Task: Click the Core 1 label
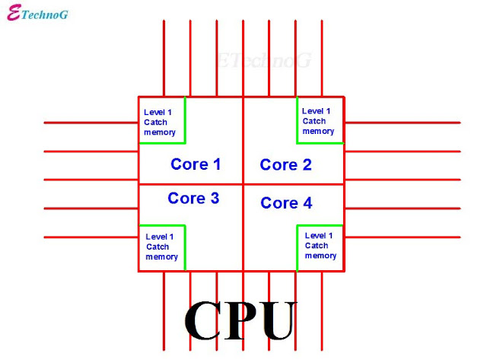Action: coord(196,164)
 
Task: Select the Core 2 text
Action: coord(285,164)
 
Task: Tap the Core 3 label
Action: coord(193,198)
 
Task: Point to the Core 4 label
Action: coord(285,202)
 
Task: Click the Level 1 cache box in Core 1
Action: coord(161,120)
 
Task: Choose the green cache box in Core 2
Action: coord(320,120)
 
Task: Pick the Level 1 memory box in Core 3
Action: coord(161,247)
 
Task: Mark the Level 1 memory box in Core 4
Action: coord(320,247)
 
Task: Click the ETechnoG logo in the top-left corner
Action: coord(37,14)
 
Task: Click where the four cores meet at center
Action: coord(243,183)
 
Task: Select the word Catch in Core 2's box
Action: coord(314,121)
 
